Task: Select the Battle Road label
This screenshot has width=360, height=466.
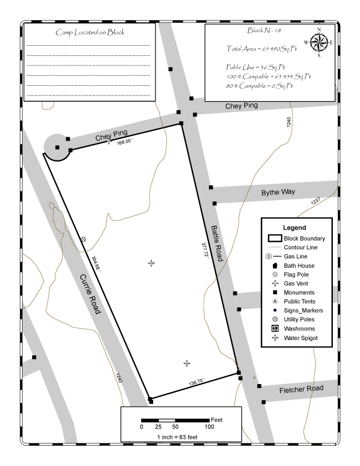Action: (216, 243)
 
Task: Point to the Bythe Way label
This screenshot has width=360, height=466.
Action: (278, 193)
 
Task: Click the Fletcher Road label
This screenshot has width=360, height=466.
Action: (301, 389)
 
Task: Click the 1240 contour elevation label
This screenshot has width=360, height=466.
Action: (288, 123)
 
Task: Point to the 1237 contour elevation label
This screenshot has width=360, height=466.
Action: (315, 202)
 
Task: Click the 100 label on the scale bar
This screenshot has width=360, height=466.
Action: (209, 427)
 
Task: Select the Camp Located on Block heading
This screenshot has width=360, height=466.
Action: (90, 32)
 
